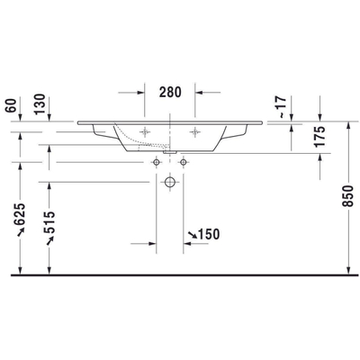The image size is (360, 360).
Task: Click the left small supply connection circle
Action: pyautogui.click(x=157, y=162)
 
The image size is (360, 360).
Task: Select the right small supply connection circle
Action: pyautogui.click(x=184, y=162)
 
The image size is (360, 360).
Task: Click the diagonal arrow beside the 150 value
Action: pyautogui.click(x=192, y=235)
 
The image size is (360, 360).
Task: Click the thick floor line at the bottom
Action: pyautogui.click(x=180, y=273)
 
